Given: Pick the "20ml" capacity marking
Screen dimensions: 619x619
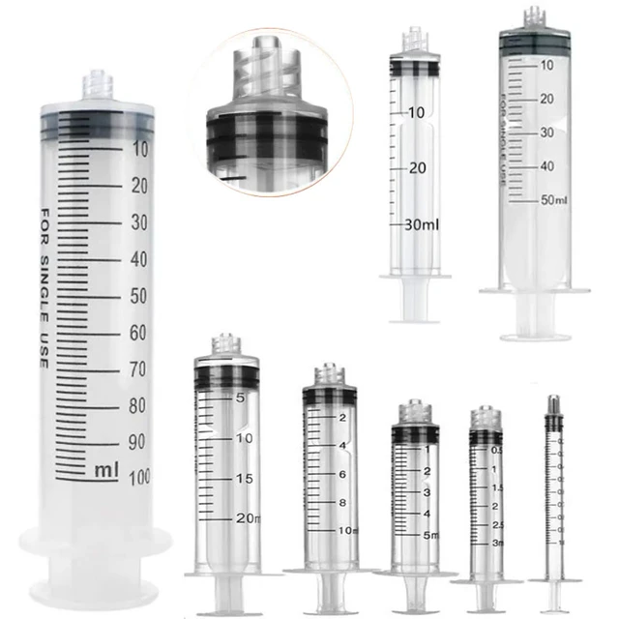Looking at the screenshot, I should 248,519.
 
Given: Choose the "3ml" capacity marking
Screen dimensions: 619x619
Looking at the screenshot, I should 496,543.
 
